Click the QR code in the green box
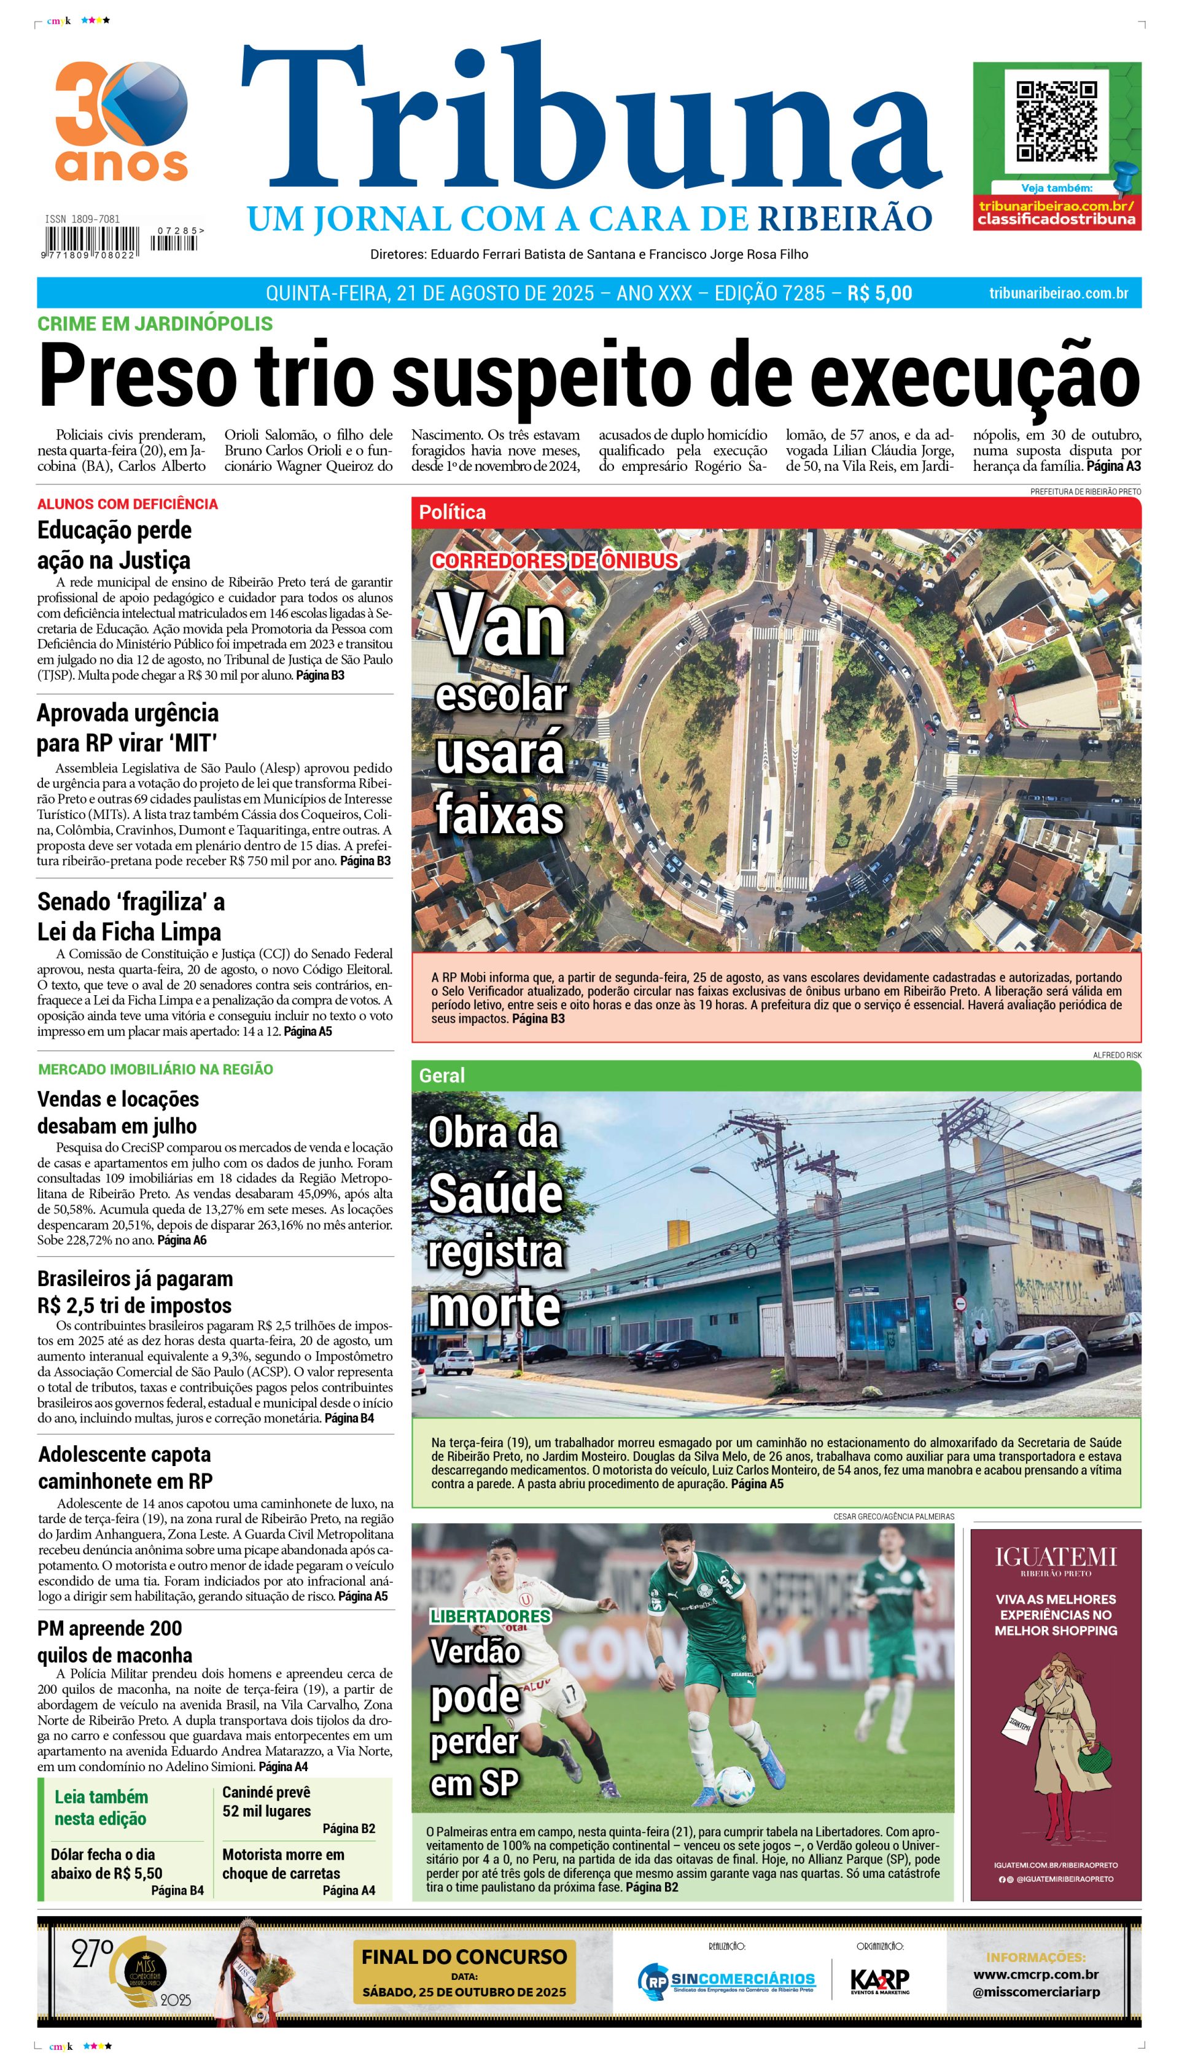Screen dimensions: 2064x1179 tap(1056, 122)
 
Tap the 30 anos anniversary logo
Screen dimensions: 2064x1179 tap(122, 122)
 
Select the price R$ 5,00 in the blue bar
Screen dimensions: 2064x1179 tap(879, 293)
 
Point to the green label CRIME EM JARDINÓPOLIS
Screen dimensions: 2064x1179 tap(155, 324)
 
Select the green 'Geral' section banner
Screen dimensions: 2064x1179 tap(776, 1076)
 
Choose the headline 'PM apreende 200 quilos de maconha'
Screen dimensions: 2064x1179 tap(114, 1642)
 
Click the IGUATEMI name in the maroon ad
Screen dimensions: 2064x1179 tap(1055, 1556)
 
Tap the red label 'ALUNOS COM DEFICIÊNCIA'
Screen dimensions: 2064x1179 tap(127, 503)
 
